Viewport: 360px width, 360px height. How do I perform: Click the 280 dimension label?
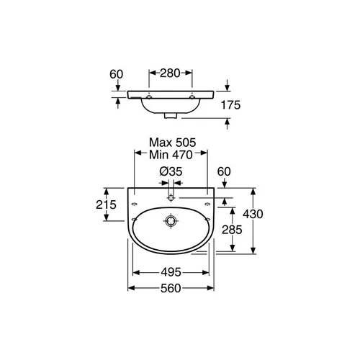[170, 73]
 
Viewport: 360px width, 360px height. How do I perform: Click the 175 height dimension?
[230, 105]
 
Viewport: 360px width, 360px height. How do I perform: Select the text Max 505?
[172, 143]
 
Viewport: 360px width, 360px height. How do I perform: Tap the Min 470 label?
[171, 155]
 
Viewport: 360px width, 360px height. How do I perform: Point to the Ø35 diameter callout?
[171, 171]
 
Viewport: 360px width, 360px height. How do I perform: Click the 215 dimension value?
[106, 204]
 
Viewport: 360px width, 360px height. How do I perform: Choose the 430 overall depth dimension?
[253, 214]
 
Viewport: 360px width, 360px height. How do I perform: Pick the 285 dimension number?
[232, 230]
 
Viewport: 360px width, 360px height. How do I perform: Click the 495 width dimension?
[171, 272]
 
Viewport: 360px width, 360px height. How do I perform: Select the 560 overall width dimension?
[171, 288]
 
